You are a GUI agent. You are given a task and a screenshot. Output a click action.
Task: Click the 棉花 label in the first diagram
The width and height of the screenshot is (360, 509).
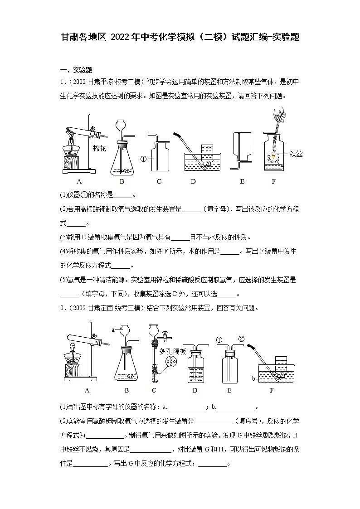(99, 149)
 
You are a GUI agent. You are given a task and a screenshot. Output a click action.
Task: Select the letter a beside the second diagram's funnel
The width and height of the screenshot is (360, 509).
(113, 330)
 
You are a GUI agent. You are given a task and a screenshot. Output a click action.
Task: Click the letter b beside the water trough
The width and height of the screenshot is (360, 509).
(253, 377)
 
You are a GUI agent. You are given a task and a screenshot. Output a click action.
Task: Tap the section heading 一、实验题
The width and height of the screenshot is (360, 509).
(76, 70)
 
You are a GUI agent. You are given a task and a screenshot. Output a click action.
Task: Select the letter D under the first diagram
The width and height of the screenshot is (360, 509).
(193, 182)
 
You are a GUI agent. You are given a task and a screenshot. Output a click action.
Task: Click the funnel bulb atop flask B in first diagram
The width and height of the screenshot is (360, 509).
(121, 125)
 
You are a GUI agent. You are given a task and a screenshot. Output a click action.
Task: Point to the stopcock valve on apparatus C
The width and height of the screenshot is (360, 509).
(166, 337)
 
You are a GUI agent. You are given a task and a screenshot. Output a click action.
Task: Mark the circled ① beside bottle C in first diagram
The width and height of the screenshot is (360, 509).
(143, 159)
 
